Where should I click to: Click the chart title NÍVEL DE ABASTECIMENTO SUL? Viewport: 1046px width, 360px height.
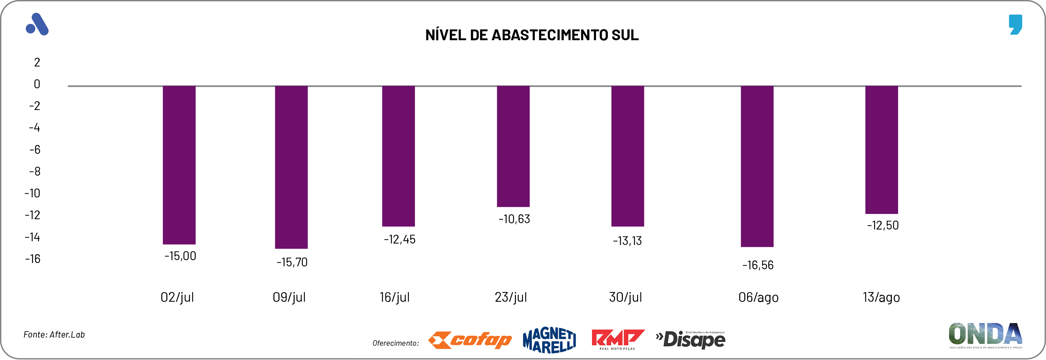(531, 35)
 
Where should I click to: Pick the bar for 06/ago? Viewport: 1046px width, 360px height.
(757, 166)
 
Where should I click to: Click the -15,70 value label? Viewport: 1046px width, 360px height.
(292, 262)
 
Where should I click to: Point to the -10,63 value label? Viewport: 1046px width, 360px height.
(514, 219)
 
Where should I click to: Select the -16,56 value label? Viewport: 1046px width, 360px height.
(758, 265)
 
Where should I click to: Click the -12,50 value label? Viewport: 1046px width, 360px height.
(882, 225)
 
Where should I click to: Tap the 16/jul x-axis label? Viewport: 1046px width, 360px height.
(394, 297)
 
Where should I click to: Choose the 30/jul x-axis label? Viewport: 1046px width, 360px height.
(625, 297)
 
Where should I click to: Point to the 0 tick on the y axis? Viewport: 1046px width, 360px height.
(37, 84)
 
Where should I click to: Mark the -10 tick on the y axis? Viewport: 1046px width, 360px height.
(32, 193)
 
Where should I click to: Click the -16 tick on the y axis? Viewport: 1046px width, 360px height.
(32, 259)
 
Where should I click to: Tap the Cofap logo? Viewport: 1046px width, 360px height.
(470, 340)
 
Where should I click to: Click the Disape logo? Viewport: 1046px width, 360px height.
(690, 340)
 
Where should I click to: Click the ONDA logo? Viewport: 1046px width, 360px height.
(985, 335)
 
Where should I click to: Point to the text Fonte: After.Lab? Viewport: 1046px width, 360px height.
(54, 335)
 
